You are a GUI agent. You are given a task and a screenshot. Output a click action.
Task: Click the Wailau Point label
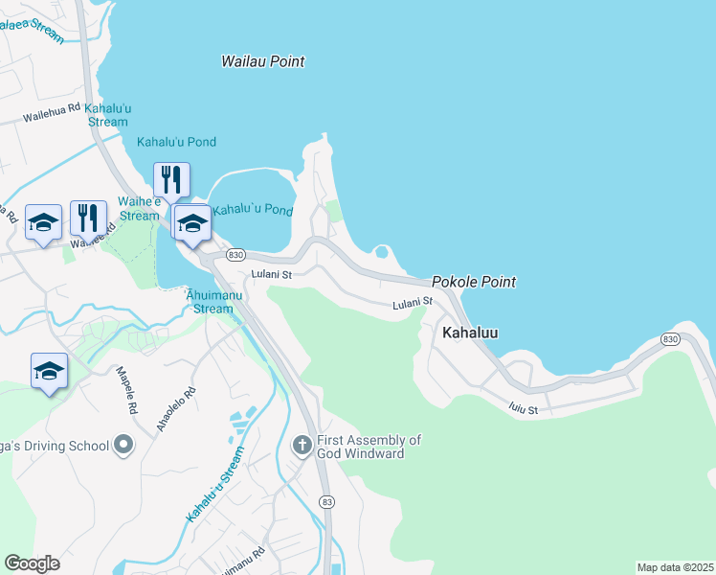[262, 61]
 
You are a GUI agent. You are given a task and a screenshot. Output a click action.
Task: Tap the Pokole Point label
[473, 282]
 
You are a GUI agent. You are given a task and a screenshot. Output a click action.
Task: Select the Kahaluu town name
[470, 333]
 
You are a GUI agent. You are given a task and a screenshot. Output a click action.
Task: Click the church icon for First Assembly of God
[302, 445]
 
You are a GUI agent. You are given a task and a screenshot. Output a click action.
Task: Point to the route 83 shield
[328, 501]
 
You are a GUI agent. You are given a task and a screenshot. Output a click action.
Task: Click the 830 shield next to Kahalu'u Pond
[236, 255]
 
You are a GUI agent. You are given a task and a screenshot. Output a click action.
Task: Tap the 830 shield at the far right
[670, 339]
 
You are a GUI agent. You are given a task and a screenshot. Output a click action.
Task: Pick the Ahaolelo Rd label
[181, 409]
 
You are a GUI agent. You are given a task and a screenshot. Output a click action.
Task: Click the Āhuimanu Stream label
[208, 302]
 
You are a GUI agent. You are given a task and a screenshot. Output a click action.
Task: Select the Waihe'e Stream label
[139, 208]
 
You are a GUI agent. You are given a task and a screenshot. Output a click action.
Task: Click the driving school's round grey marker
[123, 444]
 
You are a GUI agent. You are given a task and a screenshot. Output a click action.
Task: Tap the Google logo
[32, 563]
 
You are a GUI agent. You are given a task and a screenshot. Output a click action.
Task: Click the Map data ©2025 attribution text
[675, 567]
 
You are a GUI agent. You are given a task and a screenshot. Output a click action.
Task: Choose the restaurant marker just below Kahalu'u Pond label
[171, 179]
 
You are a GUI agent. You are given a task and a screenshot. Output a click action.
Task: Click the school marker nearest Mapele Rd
[50, 371]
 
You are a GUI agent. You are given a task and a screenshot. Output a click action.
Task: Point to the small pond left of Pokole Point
[383, 254]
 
